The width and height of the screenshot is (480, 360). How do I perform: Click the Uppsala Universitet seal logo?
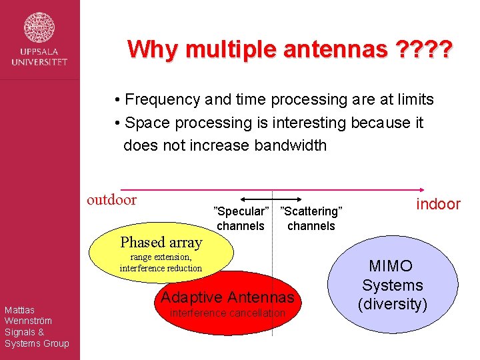(x=39, y=27)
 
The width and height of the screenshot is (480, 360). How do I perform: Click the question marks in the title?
(x=424, y=49)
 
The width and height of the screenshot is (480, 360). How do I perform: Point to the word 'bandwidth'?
(x=291, y=145)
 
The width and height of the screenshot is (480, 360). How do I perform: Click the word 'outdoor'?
(x=112, y=199)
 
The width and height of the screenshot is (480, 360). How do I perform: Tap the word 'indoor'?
(x=438, y=204)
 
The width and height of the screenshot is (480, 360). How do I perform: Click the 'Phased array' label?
(x=161, y=242)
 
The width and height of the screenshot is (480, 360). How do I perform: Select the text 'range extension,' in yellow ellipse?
(x=161, y=257)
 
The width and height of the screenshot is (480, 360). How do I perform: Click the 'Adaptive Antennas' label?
(x=228, y=297)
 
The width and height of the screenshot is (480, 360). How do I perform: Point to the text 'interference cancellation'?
(x=228, y=313)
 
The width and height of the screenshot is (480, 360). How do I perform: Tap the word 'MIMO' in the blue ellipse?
(x=391, y=266)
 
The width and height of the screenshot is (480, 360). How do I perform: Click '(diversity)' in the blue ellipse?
(x=392, y=305)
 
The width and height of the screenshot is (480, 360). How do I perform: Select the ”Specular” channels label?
(x=241, y=219)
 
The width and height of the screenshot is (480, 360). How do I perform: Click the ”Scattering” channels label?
(x=311, y=219)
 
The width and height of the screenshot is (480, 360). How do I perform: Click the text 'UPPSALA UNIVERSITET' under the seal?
(x=39, y=57)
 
